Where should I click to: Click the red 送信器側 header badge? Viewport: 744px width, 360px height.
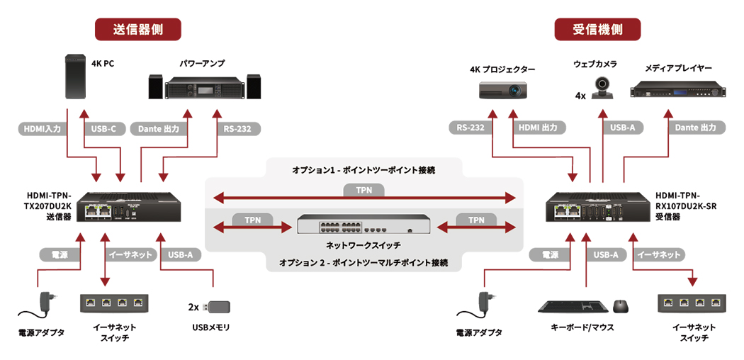pyautogui.click(x=138, y=29)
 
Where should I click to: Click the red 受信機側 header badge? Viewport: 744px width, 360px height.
pyautogui.click(x=597, y=29)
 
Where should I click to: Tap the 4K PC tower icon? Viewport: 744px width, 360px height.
pyautogui.click(x=76, y=77)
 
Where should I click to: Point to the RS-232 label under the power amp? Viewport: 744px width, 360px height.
pyautogui.click(x=237, y=129)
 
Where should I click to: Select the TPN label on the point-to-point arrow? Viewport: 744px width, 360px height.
pyautogui.click(x=363, y=190)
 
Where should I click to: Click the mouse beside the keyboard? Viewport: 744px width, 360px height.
pyautogui.click(x=620, y=306)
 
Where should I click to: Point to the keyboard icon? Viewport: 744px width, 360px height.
pyautogui.click(x=573, y=307)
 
